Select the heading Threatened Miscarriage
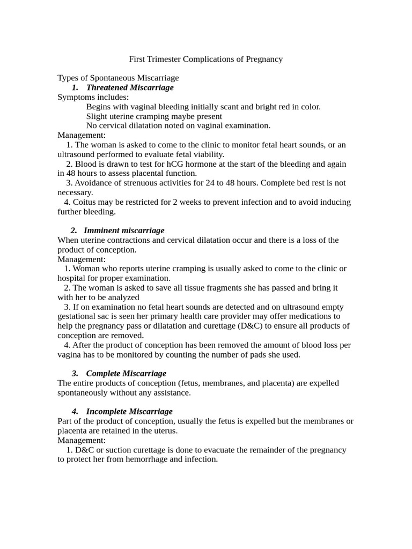tap(129, 87)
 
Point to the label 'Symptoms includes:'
tap(93, 97)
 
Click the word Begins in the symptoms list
tap(98, 107)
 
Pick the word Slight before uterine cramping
tap(97, 116)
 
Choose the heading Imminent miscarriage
tap(124, 231)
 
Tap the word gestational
tap(79, 316)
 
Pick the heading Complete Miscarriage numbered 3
tap(126, 373)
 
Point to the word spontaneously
tap(82, 392)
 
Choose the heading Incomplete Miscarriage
tap(129, 411)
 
